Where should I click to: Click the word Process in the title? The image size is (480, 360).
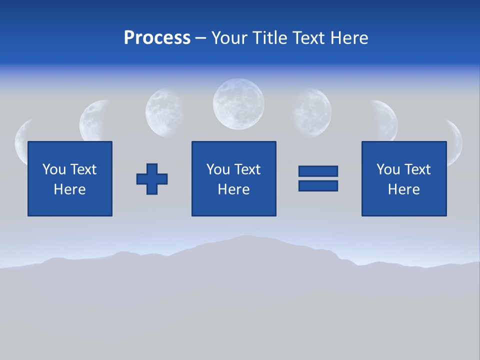click(157, 38)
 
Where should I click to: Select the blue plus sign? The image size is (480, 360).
click(152, 178)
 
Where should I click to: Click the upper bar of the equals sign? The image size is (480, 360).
click(318, 171)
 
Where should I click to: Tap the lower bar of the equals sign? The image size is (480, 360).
click(318, 185)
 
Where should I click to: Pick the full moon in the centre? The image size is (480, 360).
click(238, 104)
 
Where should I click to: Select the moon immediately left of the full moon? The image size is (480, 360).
click(164, 112)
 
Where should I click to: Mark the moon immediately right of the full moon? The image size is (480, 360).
click(312, 112)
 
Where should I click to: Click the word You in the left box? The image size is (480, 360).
click(54, 169)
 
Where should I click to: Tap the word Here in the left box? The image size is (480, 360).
click(69, 189)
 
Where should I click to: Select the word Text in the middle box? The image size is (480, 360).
click(247, 169)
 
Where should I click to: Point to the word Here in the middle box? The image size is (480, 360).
click(233, 189)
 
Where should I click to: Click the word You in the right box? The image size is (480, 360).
click(388, 169)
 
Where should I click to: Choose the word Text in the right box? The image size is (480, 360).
click(417, 169)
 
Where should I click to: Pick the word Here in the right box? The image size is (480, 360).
click(403, 189)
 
